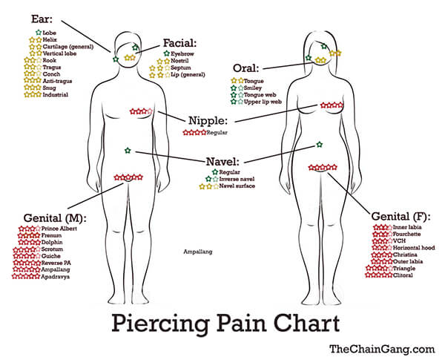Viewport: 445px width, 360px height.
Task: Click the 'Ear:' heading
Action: [42, 19]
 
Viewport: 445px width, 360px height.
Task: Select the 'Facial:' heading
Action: [180, 43]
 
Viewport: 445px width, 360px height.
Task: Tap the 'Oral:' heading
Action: [246, 68]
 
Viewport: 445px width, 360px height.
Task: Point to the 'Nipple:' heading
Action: [208, 120]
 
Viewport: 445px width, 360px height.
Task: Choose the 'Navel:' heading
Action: [222, 162]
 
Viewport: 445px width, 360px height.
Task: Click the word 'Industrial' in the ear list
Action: [56, 94]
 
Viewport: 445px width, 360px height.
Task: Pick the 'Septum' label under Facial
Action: [181, 68]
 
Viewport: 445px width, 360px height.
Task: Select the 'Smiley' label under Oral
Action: [253, 88]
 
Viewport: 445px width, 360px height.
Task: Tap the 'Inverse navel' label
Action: [237, 179]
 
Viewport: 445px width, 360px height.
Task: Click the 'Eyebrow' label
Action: [182, 53]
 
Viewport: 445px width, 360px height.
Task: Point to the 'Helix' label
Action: [50, 40]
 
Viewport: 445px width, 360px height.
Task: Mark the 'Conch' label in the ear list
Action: [51, 74]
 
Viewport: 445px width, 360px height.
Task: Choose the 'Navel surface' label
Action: [237, 186]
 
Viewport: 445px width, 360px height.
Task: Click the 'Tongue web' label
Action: [260, 95]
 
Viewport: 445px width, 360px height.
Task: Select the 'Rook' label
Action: [50, 60]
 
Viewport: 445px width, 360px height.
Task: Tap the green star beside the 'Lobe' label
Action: [39, 33]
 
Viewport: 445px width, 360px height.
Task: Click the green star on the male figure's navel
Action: [128, 150]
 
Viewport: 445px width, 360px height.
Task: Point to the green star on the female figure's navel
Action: [320, 145]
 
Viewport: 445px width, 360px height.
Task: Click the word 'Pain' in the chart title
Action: [241, 323]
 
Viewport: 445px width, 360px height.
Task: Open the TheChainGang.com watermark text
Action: [382, 349]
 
